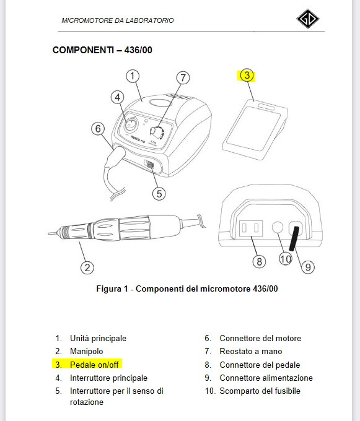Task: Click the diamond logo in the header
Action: [307, 19]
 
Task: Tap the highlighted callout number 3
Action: [247, 76]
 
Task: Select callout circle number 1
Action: [133, 76]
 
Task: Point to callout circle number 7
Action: [183, 78]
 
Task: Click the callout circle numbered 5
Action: [159, 194]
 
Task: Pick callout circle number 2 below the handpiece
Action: [87, 267]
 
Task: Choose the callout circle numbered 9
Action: [308, 267]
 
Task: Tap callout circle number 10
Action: [285, 259]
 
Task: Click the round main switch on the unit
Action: [131, 124]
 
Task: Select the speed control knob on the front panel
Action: [156, 132]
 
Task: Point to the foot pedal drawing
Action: [255, 129]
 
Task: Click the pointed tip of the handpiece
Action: [48, 233]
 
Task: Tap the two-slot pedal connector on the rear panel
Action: [251, 228]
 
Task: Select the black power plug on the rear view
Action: [294, 238]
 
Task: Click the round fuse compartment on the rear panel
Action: [278, 227]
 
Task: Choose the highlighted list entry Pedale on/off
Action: [87, 365]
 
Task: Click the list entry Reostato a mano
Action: [244, 351]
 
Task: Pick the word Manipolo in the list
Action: [87, 351]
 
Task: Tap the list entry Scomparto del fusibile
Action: [253, 391]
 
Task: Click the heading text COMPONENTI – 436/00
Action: [102, 50]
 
